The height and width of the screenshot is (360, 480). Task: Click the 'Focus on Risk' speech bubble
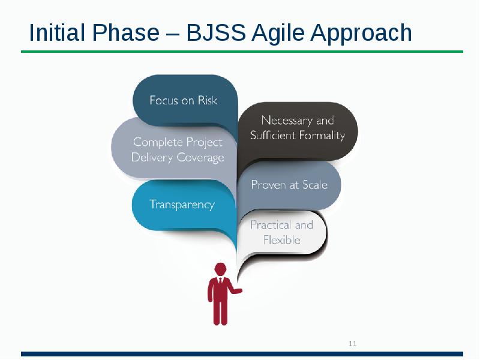point(184,100)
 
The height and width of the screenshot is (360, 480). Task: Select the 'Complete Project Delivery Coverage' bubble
point(177,150)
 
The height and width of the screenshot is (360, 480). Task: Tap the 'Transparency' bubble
point(182,205)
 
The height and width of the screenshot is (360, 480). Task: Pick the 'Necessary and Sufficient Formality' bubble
point(298,128)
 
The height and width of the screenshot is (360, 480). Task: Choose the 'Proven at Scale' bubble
point(289,185)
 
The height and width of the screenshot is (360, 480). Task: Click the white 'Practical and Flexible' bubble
point(282,233)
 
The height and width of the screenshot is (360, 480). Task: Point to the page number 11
point(352,344)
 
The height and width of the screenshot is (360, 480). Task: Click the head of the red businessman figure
point(220,269)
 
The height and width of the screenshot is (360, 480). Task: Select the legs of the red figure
point(220,312)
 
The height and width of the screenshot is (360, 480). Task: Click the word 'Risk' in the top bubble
point(207,100)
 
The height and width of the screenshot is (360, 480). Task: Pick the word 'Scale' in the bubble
point(315,185)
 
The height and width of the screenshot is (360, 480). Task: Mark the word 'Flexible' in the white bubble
point(282,240)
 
